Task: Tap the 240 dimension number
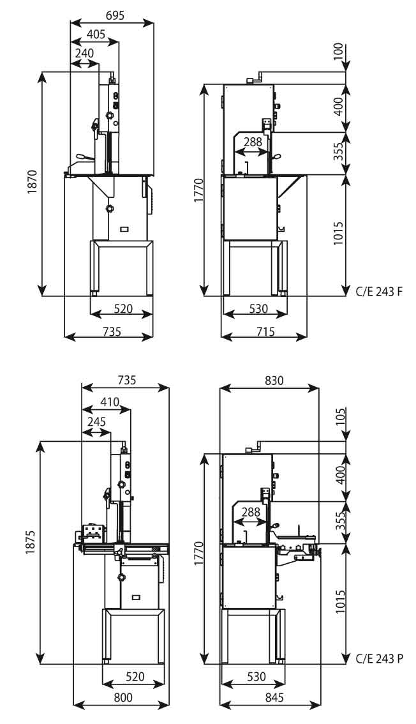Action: coord(84,54)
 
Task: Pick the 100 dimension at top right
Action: coord(338,51)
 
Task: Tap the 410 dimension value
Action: coord(109,402)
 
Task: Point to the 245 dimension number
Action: coord(96,422)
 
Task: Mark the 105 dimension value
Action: coord(338,418)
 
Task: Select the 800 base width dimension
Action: coord(123,697)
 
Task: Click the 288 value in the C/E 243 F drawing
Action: coord(253,142)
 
